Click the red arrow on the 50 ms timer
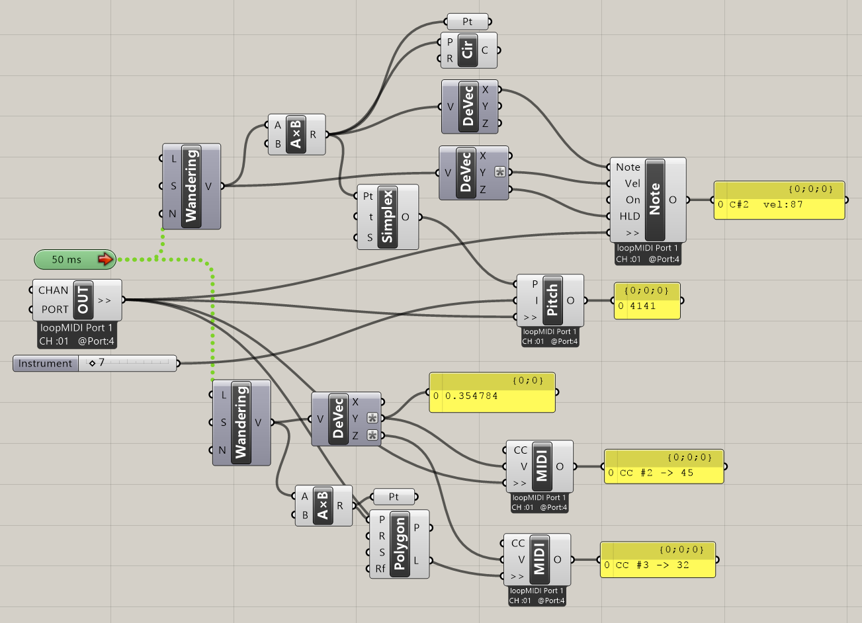[105, 259]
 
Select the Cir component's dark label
[468, 50]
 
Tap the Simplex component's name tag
[388, 217]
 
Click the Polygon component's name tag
[400, 544]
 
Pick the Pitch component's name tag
[552, 300]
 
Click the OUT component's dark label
[83, 300]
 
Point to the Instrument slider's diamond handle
[92, 363]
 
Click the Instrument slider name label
[46, 363]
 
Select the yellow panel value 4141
[642, 306]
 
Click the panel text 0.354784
[471, 395]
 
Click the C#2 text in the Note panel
[739, 204]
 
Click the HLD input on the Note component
[630, 216]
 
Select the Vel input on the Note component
[632, 184]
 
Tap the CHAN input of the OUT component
[53, 290]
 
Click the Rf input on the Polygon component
[380, 568]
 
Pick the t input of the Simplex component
[370, 217]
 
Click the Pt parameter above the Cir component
[468, 22]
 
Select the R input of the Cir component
[449, 58]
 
